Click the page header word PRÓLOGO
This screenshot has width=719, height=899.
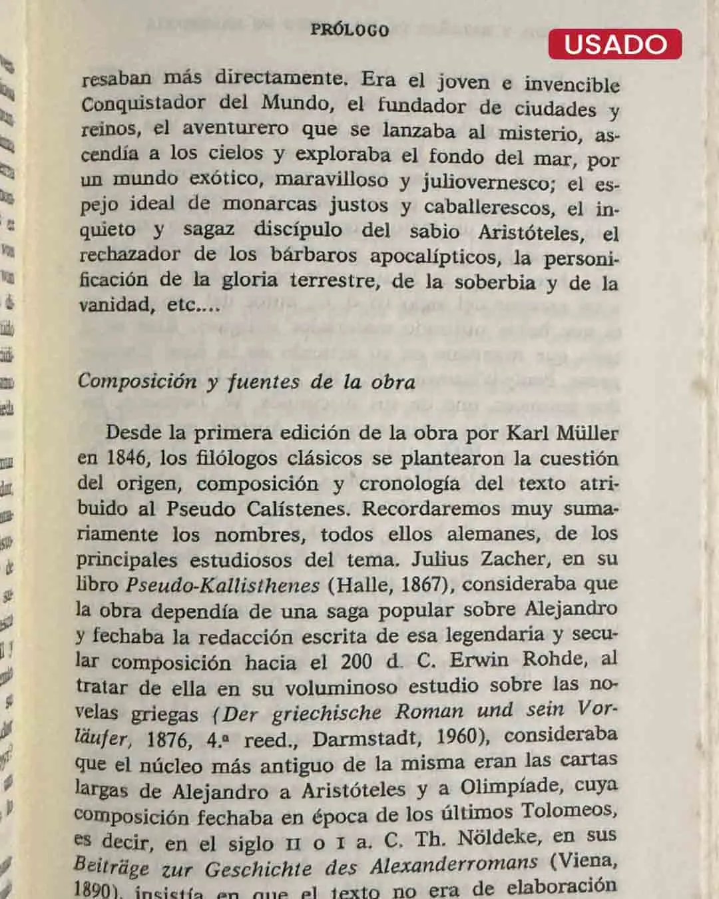coord(350,30)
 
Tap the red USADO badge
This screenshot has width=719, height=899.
coord(615,44)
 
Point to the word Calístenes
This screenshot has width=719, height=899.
coord(299,509)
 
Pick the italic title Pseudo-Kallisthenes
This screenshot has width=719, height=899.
coord(222,585)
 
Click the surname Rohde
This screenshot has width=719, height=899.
coord(556,659)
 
